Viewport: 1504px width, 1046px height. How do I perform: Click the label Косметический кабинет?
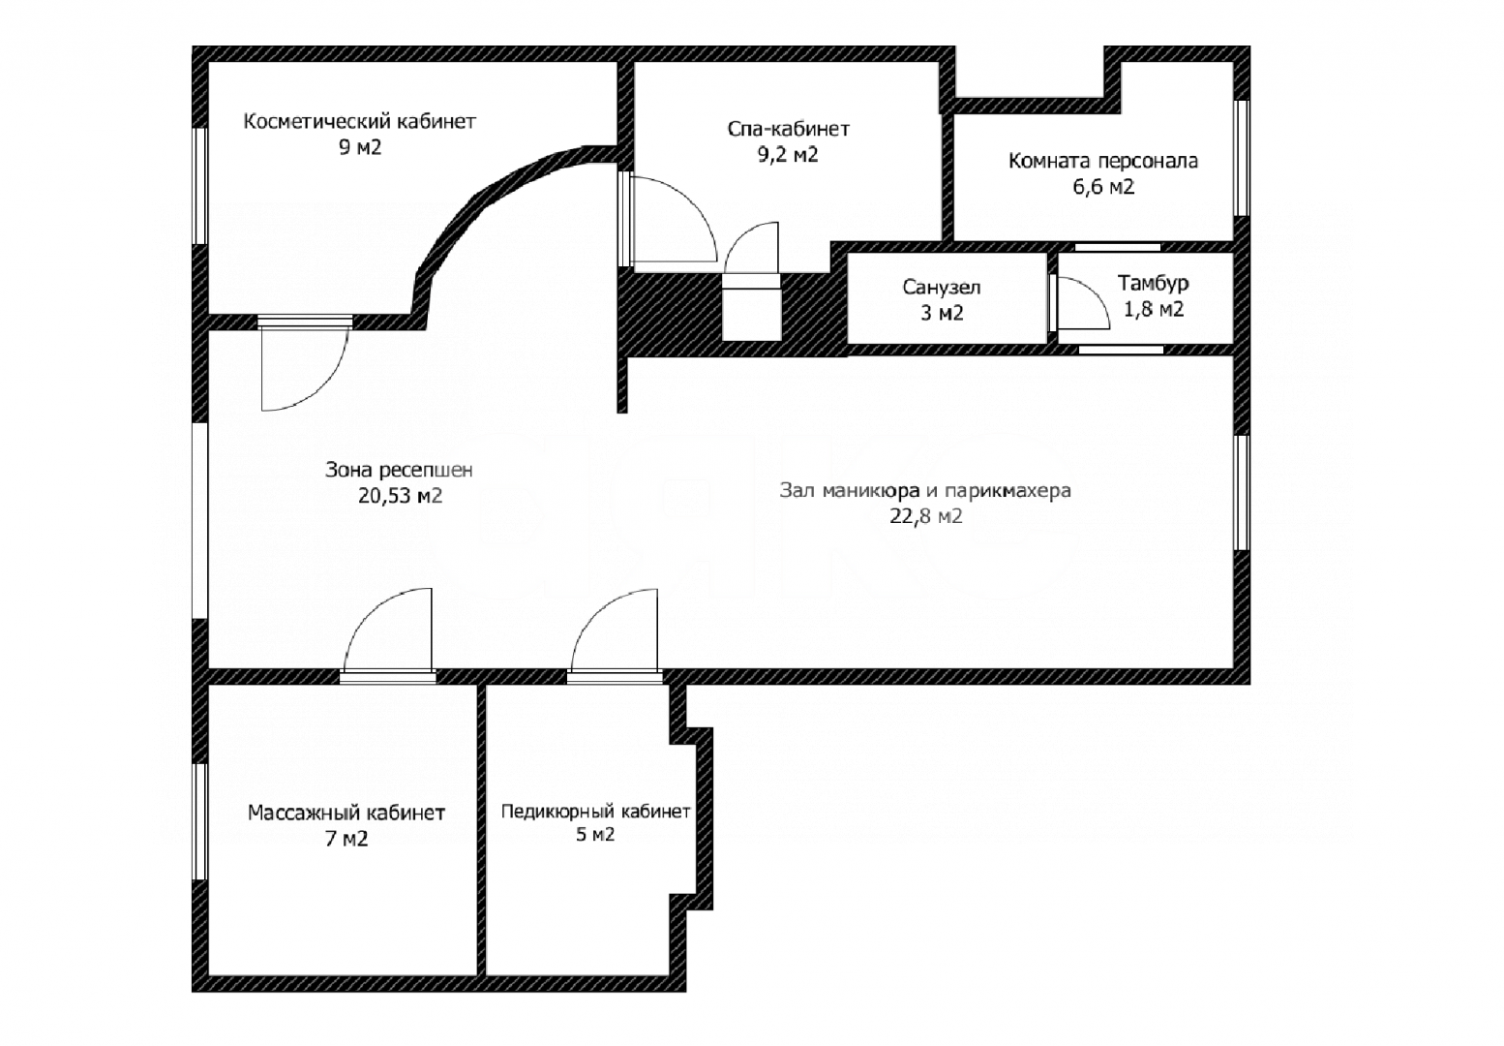[x=359, y=122]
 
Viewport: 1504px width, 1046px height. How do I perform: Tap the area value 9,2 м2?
[x=788, y=155]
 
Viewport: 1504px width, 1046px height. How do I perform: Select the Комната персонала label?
[x=1103, y=161]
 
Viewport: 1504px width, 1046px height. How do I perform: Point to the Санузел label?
[x=942, y=288]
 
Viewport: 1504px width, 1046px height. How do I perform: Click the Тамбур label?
[x=1153, y=283]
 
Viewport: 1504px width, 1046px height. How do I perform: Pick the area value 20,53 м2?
[x=400, y=496]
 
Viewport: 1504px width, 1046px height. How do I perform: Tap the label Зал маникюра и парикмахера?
[x=925, y=491]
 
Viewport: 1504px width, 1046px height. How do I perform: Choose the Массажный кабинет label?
[x=346, y=813]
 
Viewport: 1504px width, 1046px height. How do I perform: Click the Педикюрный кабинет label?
[x=595, y=812]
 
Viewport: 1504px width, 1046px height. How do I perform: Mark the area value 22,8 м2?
[x=926, y=516]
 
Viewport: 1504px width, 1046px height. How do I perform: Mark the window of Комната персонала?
[x=1242, y=158]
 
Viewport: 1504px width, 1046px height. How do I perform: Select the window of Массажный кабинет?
[x=199, y=821]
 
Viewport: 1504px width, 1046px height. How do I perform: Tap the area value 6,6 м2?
[x=1103, y=186]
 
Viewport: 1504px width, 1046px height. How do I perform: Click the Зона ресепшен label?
[x=399, y=470]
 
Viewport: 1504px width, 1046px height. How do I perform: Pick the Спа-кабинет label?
[x=788, y=128]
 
